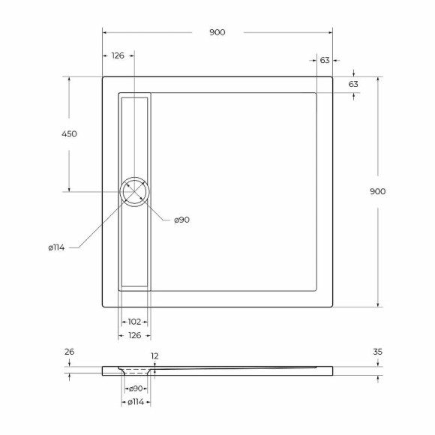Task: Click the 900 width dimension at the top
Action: coord(217,32)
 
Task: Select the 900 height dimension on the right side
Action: coord(378,191)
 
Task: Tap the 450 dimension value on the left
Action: coord(69,133)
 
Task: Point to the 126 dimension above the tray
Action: coord(118,55)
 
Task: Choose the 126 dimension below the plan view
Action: coord(134,334)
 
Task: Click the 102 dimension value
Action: coord(134,321)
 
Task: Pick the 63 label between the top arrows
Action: coord(324,60)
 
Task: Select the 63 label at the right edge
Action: coord(353,84)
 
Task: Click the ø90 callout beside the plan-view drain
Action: coord(181,220)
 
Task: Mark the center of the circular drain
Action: coord(134,192)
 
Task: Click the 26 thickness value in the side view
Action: coord(70,351)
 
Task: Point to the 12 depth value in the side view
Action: coord(154,356)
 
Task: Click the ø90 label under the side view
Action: coord(136,388)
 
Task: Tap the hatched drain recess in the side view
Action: coord(135,370)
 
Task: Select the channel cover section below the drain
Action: coord(134,244)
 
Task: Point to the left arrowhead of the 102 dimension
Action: coord(122,321)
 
